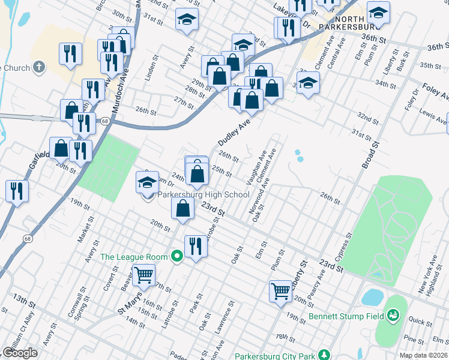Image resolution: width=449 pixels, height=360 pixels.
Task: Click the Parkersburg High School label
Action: pyautogui.click(x=203, y=194)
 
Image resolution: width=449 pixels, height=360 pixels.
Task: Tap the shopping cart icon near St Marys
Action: pyautogui.click(x=144, y=275)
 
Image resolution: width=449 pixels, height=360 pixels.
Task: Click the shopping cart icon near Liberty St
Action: pyautogui.click(x=281, y=291)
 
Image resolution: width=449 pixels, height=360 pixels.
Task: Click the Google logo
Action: pyautogui.click(x=20, y=353)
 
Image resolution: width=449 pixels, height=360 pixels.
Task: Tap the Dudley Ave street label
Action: pyautogui.click(x=233, y=131)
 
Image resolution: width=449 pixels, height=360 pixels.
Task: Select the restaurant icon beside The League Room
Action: pyautogui.click(x=196, y=245)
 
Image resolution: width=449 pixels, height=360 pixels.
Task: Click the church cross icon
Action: pyautogui.click(x=39, y=68)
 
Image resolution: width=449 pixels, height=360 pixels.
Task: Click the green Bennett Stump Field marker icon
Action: pyautogui.click(x=394, y=314)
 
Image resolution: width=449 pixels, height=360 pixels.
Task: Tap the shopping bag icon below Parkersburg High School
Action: pyautogui.click(x=183, y=208)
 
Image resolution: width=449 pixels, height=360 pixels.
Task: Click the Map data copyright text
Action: pyautogui.click(x=423, y=355)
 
